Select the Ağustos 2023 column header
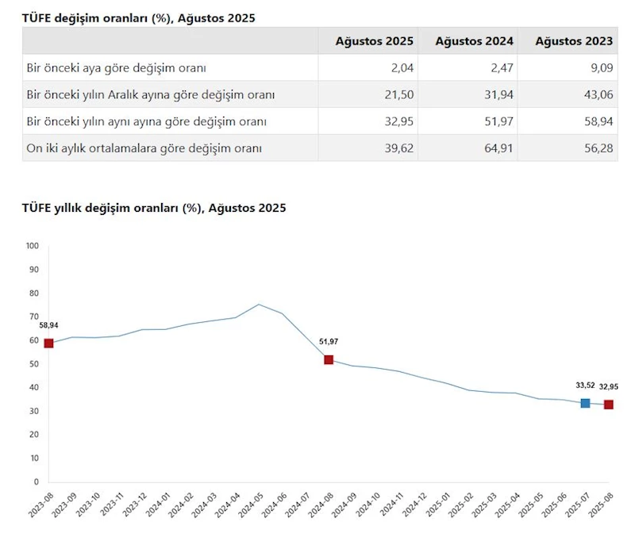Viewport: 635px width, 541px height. (574, 41)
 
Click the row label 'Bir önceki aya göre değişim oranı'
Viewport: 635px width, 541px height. (117, 68)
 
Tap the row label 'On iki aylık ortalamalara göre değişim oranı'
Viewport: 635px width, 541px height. (144, 148)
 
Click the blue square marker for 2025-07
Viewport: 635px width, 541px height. (585, 403)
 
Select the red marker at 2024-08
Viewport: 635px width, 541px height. (329, 359)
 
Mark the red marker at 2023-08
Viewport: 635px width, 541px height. (48, 343)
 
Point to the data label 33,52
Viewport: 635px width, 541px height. (585, 386)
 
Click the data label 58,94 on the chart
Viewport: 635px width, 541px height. (48, 325)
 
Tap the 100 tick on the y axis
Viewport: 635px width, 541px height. (32, 246)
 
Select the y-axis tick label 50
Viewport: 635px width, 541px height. (33, 364)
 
